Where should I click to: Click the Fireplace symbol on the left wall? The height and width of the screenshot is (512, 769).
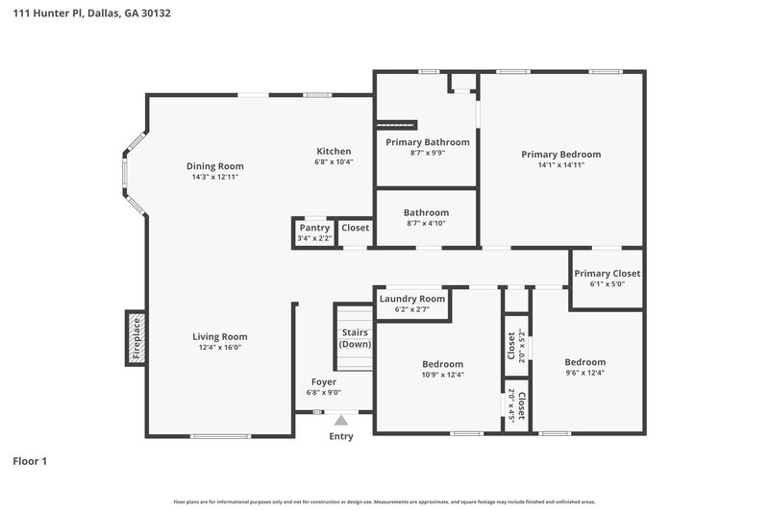(136, 338)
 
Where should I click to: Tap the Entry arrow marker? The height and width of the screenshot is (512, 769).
(341, 420)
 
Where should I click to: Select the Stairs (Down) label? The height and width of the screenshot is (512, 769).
(355, 338)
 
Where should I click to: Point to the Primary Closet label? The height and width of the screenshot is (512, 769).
(608, 274)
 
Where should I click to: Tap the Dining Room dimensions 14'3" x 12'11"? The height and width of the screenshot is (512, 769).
(214, 177)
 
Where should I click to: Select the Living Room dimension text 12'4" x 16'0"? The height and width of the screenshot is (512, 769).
(219, 348)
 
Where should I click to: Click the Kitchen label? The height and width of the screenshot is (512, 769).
(335, 151)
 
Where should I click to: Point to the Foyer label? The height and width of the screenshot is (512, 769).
(323, 381)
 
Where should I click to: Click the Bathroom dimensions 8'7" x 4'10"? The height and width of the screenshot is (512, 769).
(426, 223)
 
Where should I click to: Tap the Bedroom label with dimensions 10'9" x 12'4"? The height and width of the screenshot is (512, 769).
(442, 364)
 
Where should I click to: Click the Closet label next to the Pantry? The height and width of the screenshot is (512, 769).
(356, 228)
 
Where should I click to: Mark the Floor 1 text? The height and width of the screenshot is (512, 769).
(30, 461)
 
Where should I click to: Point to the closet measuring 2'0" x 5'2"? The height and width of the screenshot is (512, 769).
(516, 346)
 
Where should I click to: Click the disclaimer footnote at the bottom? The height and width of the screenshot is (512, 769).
(384, 501)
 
